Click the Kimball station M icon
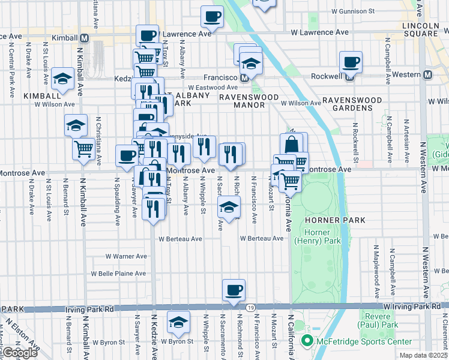(x=85, y=38)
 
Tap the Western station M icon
(x=427, y=74)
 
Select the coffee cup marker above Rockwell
(x=351, y=62)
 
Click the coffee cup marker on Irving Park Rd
(x=234, y=290)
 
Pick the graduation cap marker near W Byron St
(x=178, y=323)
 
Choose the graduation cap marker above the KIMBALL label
(x=62, y=79)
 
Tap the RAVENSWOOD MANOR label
(x=249, y=101)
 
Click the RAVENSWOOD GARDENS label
(x=356, y=104)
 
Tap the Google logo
(x=20, y=353)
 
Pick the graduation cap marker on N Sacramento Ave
(x=229, y=207)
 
